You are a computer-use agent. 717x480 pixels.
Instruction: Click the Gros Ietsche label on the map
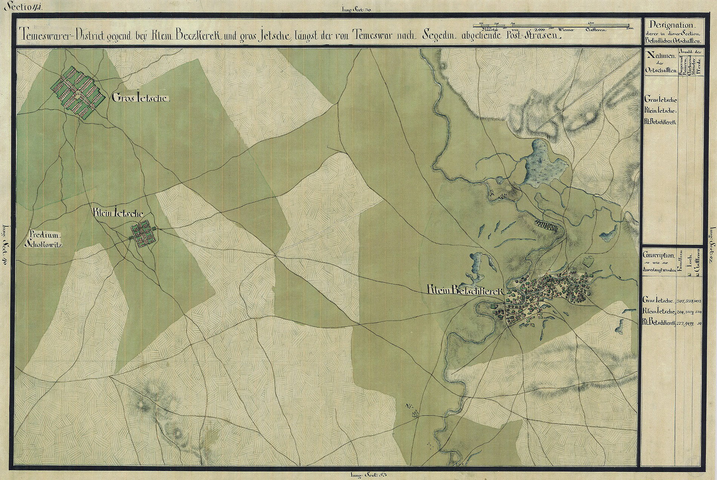pos(141,99)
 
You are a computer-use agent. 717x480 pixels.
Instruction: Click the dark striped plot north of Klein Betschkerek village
pos(546,225)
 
